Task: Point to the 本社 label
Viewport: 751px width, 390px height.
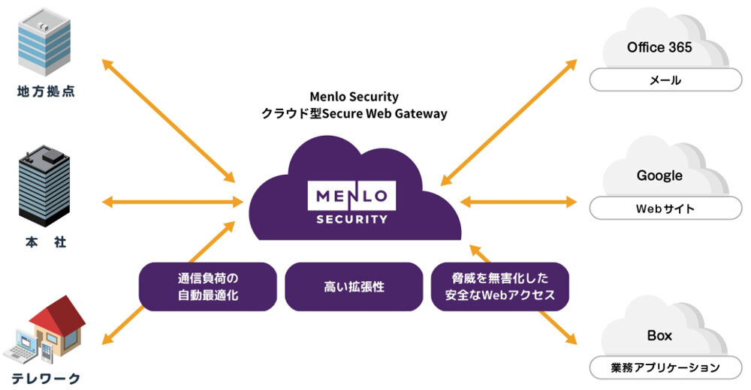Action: click(45, 243)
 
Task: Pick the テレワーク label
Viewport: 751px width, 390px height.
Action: click(46, 377)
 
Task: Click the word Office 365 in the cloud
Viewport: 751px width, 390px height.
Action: click(659, 47)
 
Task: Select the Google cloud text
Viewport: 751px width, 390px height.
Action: click(659, 175)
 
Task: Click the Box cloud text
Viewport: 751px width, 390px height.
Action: click(659, 335)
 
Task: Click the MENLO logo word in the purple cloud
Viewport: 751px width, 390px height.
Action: click(351, 196)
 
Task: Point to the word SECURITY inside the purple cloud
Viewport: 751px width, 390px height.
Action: click(351, 220)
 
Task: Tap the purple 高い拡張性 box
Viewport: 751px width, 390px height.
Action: click(354, 286)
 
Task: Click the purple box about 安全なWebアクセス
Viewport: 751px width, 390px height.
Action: click(499, 286)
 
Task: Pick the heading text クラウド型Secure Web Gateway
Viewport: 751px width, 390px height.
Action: click(354, 114)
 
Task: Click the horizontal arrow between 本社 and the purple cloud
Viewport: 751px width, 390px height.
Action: click(173, 201)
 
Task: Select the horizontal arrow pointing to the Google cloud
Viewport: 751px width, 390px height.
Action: click(518, 201)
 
